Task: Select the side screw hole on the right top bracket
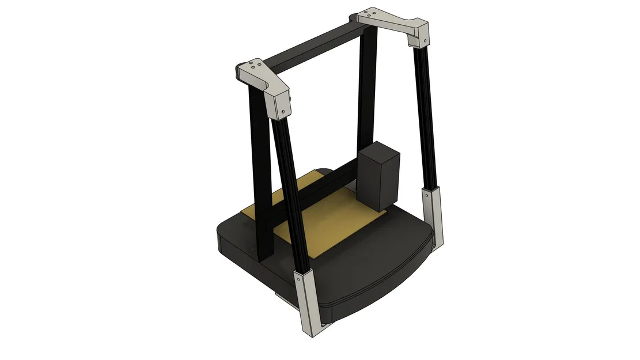(x=425, y=41)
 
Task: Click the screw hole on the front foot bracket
(x=298, y=278)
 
